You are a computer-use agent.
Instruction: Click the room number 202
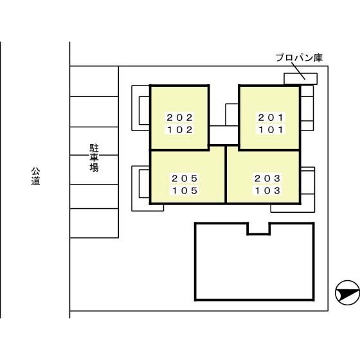180,118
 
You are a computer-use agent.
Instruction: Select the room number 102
180,130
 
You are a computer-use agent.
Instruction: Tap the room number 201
271,118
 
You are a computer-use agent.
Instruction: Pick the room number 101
271,130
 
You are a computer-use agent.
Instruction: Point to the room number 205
185,179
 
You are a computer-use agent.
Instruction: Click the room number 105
185,190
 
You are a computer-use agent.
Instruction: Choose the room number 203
267,179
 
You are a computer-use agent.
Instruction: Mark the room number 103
267,190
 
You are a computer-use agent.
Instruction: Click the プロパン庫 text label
299,58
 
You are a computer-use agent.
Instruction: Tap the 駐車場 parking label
94,157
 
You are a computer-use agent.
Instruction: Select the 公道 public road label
35,176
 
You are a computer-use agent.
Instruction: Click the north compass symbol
347,293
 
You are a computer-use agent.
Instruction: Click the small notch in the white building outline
258,235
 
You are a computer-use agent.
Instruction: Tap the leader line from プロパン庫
298,71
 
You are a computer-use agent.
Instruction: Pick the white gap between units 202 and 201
224,135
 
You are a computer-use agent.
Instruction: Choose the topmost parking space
94,81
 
